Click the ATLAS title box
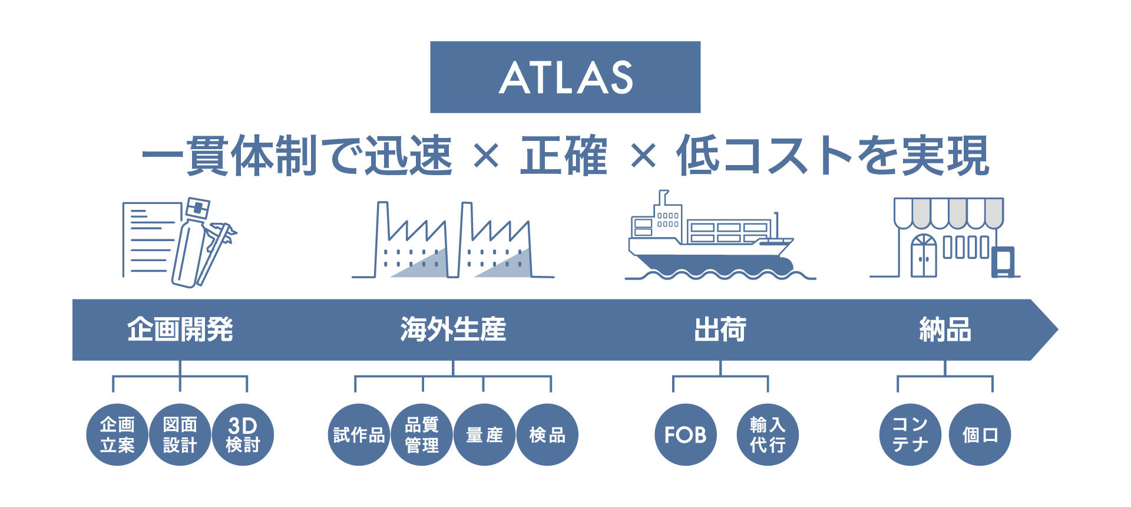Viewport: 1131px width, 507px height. (565, 77)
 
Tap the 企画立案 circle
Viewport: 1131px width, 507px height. (117, 434)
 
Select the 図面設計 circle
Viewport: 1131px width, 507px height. (180, 434)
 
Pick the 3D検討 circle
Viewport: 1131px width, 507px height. (243, 434)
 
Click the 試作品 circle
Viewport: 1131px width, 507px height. (359, 434)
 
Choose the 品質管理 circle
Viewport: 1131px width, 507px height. (422, 434)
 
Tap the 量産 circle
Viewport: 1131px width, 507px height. (485, 434)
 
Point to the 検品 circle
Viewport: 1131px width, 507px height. (547, 434)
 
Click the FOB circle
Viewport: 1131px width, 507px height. (686, 434)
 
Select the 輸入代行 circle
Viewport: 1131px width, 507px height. (768, 434)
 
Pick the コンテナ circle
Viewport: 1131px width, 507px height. (910, 434)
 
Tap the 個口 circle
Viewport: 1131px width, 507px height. (980, 434)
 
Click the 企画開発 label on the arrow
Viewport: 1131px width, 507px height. (180, 330)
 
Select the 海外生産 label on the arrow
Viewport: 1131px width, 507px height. (453, 330)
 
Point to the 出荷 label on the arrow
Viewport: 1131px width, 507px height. (720, 330)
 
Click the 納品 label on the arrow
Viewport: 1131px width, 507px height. (945, 330)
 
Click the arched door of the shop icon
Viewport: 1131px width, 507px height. (923, 256)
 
